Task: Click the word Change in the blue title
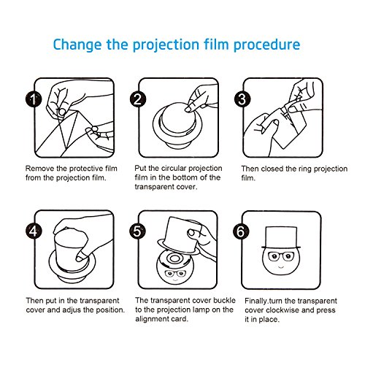[77, 45]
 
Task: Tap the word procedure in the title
[266, 45]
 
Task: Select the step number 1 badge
[34, 99]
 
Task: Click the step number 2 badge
[138, 99]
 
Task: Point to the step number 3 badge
[242, 99]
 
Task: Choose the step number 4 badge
[34, 231]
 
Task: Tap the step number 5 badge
[137, 231]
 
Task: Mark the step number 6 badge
[241, 231]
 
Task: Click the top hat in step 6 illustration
[281, 238]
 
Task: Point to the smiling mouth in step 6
[281, 267]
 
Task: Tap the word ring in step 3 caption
[305, 169]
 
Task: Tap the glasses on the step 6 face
[281, 256]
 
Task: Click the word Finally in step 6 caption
[255, 301]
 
